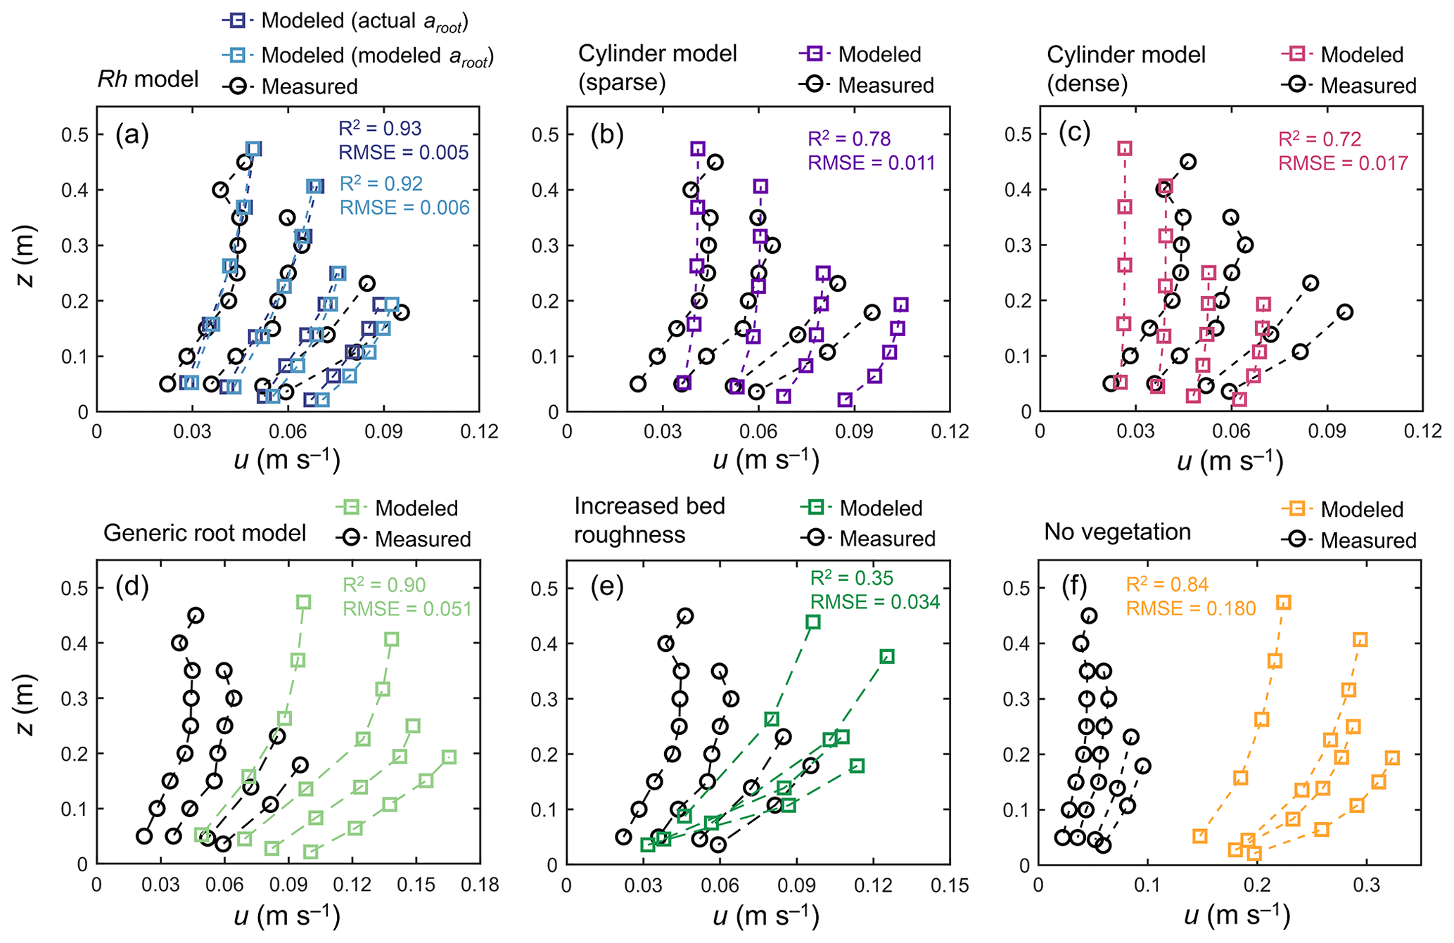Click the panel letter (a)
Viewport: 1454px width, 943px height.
click(132, 134)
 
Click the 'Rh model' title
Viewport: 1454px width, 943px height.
click(148, 79)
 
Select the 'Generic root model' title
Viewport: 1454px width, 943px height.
click(204, 533)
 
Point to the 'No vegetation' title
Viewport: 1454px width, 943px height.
click(1117, 532)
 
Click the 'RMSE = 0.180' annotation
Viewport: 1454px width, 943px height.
click(1190, 608)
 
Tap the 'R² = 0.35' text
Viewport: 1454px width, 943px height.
click(852, 578)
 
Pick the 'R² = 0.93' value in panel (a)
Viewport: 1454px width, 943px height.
click(380, 129)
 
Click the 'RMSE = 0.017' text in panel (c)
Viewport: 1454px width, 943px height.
click(1343, 163)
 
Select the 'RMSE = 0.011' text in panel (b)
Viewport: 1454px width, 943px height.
click(872, 163)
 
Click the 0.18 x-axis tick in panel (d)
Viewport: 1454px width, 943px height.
click(480, 884)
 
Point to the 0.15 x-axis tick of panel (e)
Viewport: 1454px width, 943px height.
click(950, 884)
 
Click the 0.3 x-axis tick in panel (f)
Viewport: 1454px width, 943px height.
click(1366, 884)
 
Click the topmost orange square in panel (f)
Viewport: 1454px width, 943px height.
click(1284, 603)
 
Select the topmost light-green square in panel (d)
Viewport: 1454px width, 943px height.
click(303, 602)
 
